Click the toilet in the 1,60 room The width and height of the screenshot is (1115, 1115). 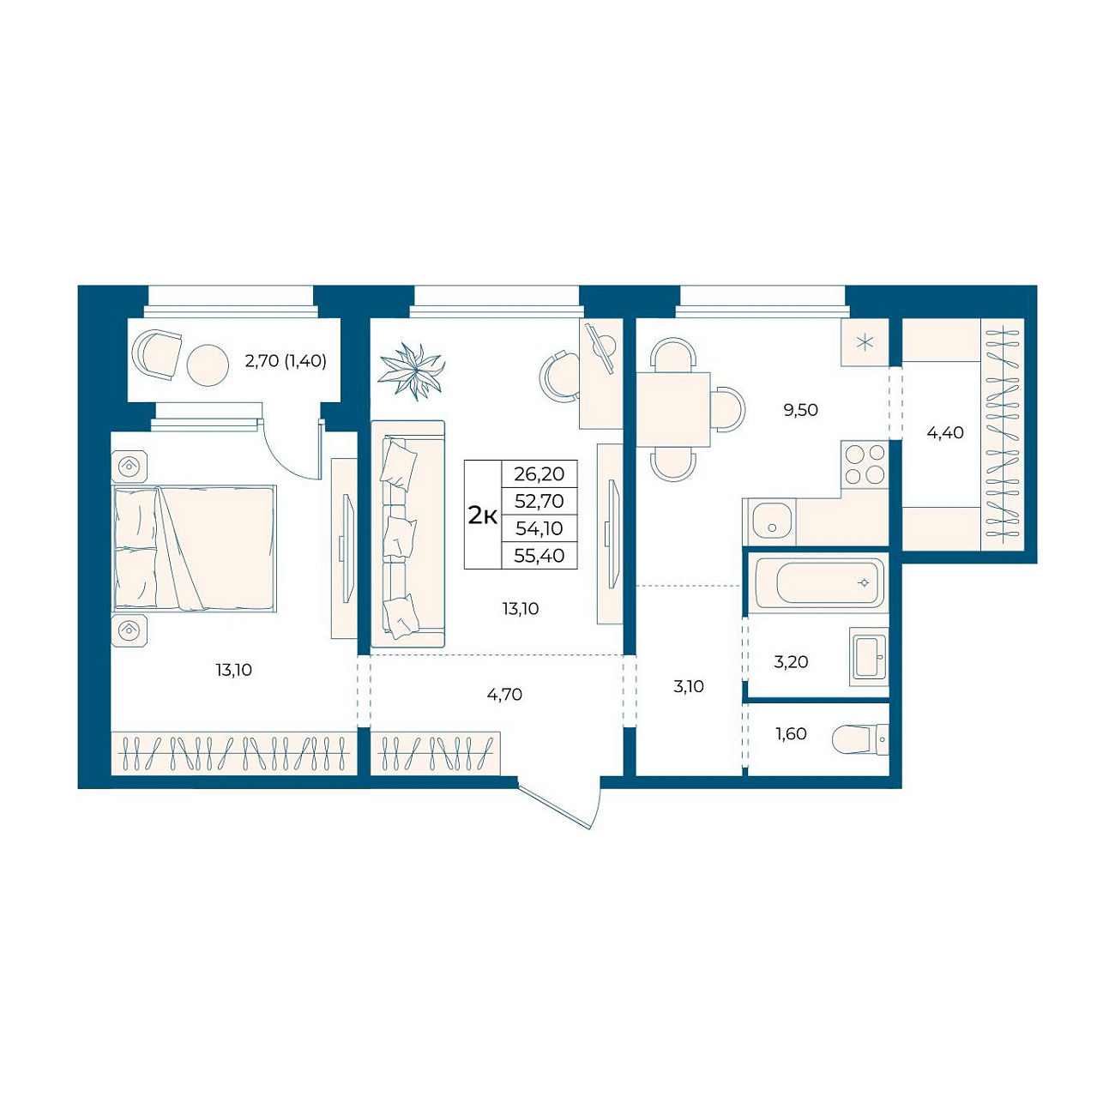click(x=859, y=739)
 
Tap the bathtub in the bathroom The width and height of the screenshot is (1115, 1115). click(x=820, y=582)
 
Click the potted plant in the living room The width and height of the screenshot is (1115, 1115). click(x=412, y=370)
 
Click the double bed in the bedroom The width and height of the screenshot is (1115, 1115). click(x=195, y=548)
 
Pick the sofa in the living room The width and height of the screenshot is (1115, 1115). click(x=407, y=533)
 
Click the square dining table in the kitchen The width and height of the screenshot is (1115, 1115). click(x=673, y=410)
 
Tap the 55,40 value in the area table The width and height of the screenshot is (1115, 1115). click(x=539, y=556)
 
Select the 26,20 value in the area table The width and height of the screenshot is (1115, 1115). click(x=539, y=474)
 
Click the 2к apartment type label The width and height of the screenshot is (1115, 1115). click(x=483, y=515)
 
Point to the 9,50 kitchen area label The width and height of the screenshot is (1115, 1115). click(x=800, y=410)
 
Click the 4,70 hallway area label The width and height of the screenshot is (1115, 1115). click(x=504, y=695)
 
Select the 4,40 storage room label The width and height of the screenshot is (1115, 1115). click(x=945, y=432)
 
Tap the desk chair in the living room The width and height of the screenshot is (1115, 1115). click(x=559, y=375)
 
